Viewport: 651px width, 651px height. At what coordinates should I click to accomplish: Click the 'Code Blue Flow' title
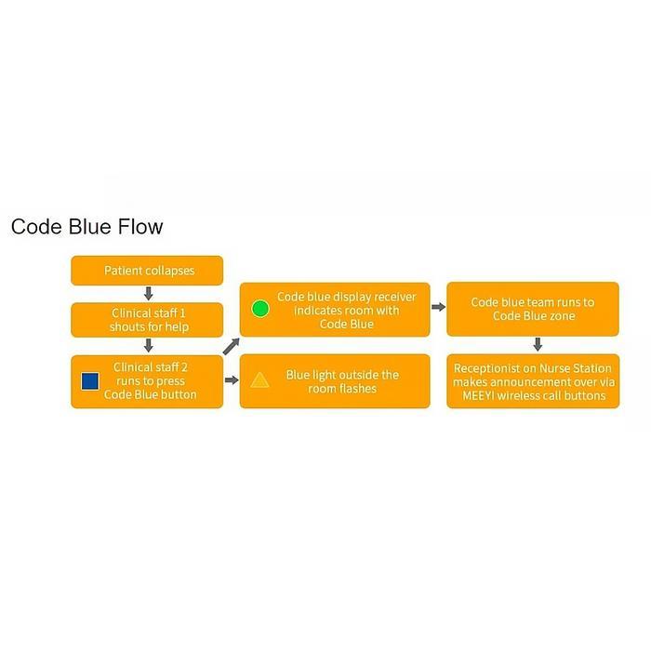[87, 227]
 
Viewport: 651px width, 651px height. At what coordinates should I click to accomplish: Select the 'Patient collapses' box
[147, 271]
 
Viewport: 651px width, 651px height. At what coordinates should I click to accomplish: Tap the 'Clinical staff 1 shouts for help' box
[147, 320]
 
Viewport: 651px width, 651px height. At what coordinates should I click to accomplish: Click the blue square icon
[90, 381]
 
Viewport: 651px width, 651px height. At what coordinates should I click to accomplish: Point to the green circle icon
[260, 309]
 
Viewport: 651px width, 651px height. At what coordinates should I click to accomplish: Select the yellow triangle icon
[259, 379]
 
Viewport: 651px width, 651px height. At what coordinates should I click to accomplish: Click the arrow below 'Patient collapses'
[148, 294]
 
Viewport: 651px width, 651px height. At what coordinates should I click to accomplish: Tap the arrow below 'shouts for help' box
[148, 345]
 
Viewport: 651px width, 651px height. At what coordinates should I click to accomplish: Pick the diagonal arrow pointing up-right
[232, 347]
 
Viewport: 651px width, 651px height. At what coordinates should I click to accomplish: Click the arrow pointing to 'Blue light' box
[232, 379]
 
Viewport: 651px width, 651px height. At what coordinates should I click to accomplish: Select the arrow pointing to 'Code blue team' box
[438, 307]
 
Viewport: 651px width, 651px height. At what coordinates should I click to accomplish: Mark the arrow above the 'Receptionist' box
[538, 344]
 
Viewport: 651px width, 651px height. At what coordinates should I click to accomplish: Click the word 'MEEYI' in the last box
[478, 395]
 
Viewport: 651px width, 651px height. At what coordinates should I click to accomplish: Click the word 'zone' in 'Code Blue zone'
[562, 316]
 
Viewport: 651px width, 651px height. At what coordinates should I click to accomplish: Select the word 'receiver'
[395, 297]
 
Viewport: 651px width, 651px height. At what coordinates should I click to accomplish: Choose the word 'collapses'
[170, 271]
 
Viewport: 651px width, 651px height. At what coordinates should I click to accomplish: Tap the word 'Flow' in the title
[140, 227]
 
